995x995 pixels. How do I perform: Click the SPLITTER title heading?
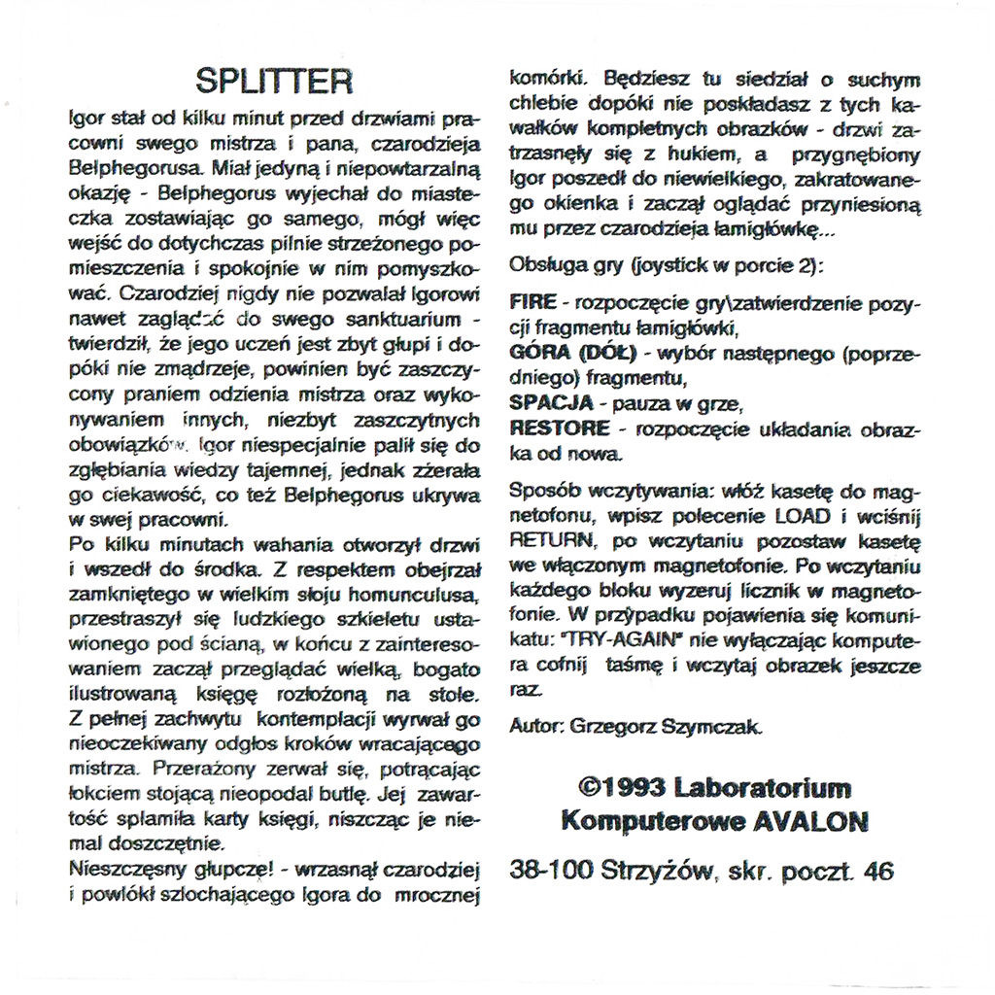[273, 81]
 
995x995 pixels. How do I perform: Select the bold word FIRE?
[532, 303]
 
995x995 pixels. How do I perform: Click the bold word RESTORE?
[561, 429]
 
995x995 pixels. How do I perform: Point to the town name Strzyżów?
[660, 872]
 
